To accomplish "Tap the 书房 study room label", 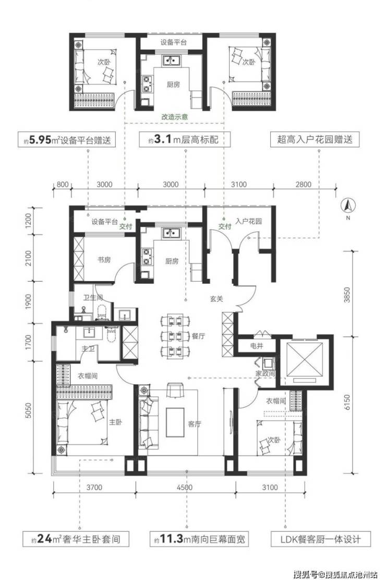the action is (104, 260).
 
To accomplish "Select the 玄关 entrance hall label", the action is (216, 298).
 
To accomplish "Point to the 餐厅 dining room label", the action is (199, 336).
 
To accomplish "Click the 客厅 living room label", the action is (194, 423).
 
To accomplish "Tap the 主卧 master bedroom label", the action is (116, 422).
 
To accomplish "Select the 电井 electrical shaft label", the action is (257, 346).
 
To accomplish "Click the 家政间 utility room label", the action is (265, 373).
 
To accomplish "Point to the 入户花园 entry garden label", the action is (248, 221).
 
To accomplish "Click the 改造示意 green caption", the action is (174, 116).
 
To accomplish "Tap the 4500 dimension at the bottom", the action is (185, 487).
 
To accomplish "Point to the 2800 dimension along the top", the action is (303, 184).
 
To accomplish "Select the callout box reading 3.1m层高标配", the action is (185, 139).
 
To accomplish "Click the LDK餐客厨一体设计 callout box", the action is (321, 539).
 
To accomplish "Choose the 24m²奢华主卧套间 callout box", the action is (76, 539).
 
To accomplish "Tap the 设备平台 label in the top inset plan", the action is (173, 42).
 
